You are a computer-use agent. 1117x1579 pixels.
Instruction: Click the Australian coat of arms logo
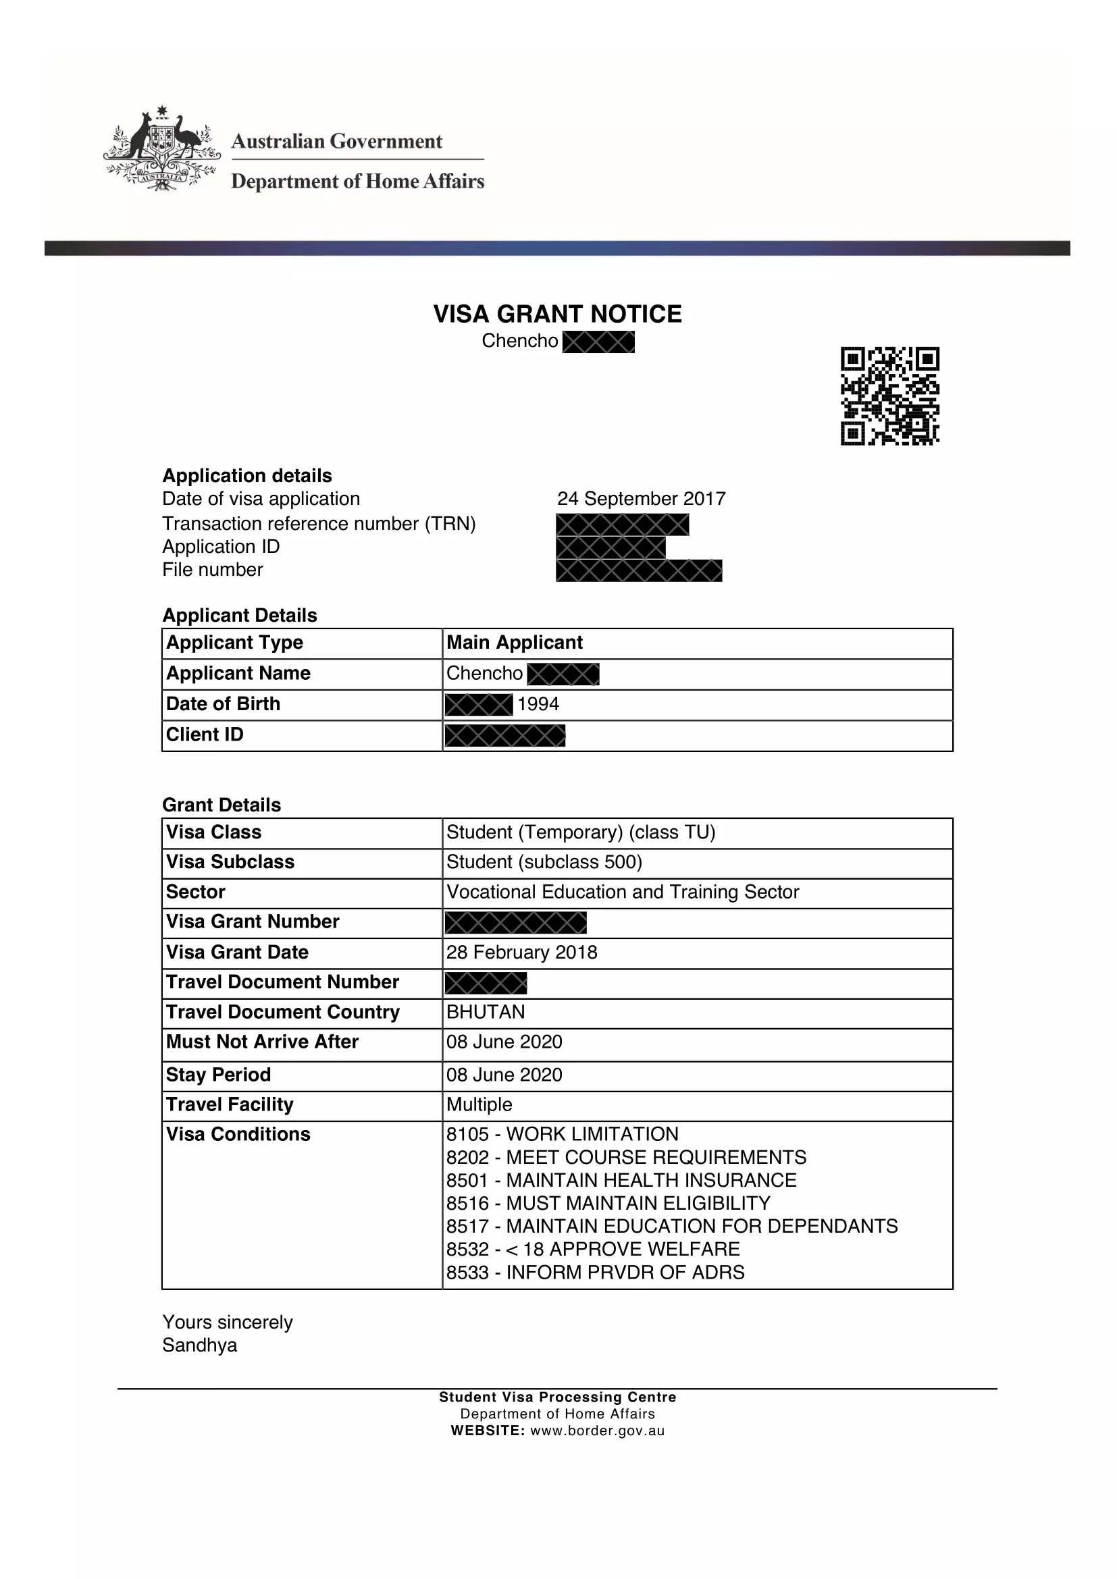point(162,149)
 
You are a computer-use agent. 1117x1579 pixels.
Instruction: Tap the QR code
point(889,396)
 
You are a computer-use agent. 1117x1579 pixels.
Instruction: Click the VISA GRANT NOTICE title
point(557,315)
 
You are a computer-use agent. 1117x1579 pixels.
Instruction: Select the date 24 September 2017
point(641,499)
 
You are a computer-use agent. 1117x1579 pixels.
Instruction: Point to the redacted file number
point(639,571)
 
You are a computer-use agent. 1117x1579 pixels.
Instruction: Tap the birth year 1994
point(538,704)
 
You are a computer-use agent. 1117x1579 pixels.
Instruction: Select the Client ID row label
point(205,734)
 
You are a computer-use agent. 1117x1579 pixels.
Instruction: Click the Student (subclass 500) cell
point(544,861)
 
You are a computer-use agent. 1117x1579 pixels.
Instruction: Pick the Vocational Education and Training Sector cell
point(623,892)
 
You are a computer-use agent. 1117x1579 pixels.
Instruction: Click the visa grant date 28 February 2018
point(521,953)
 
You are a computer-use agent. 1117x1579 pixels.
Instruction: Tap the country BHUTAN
point(486,1012)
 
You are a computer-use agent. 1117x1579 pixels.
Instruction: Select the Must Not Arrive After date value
point(504,1042)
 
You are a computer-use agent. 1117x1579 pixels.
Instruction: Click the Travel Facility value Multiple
point(479,1104)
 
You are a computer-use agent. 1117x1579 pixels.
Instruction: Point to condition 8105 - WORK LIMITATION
point(562,1134)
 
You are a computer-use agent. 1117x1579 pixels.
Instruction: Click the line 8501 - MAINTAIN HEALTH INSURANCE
point(621,1180)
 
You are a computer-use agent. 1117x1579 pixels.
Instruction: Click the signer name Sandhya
point(199,1345)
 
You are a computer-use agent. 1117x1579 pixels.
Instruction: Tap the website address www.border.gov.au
point(597,1431)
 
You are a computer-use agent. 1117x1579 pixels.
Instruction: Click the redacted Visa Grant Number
point(516,923)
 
